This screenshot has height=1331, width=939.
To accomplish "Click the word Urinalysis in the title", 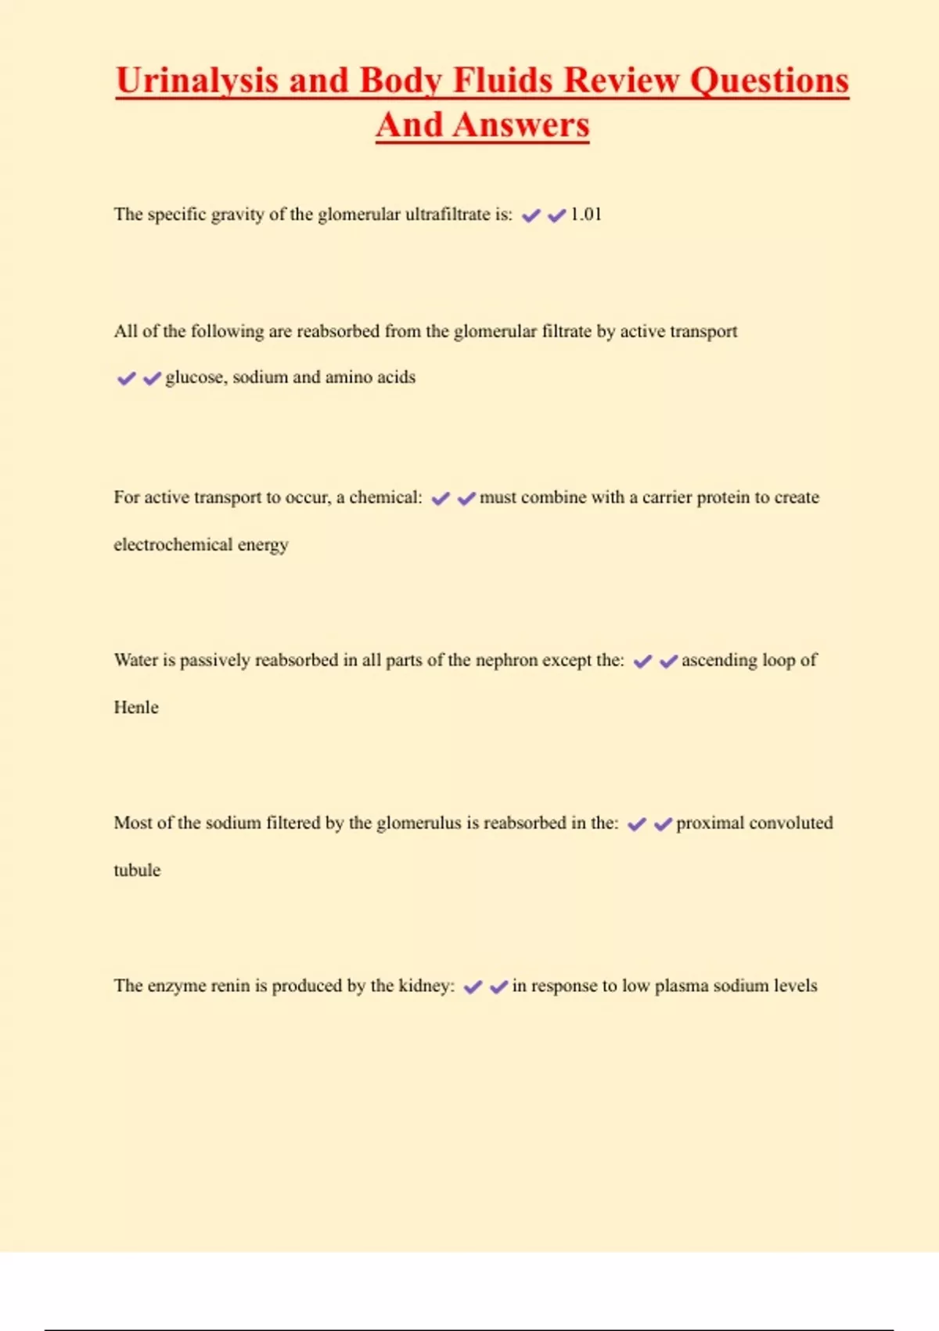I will click(196, 81).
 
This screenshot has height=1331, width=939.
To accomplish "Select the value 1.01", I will click(586, 215).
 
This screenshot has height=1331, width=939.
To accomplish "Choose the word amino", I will click(348, 377).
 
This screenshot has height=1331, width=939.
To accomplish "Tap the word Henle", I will click(136, 707).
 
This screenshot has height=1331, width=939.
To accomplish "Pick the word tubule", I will click(137, 870).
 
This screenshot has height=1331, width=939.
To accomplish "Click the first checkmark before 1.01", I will click(531, 215).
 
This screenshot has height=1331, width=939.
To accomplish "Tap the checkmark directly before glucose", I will click(152, 378).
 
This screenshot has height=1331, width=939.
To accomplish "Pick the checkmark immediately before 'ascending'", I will click(668, 662).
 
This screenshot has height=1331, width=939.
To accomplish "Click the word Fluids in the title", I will click(504, 81).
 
